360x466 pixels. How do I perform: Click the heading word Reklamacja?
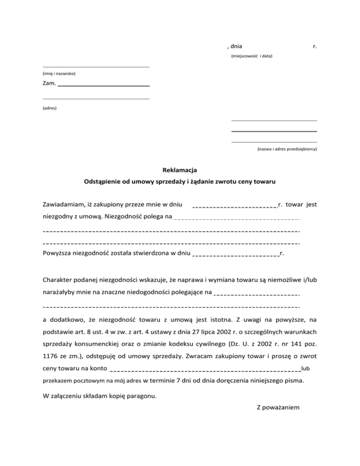pos(180,169)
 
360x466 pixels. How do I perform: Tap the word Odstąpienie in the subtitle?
pos(103,181)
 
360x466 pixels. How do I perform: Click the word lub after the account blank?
pos(306,368)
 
